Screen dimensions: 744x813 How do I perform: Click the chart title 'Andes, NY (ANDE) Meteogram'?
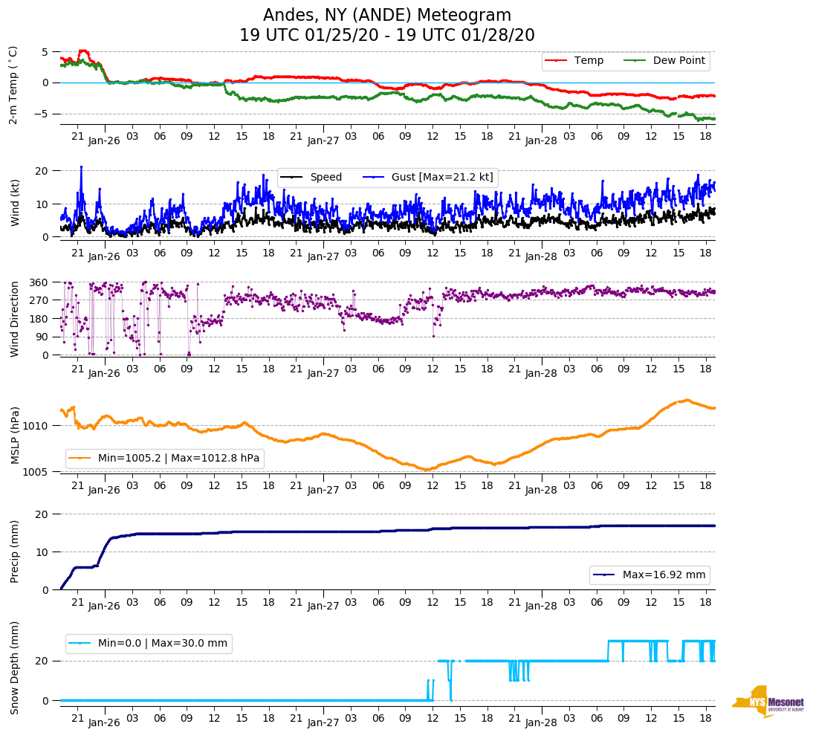pos(387,16)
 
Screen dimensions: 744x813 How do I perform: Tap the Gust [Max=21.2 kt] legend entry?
pos(443,177)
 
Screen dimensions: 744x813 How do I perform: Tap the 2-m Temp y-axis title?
pos(13,85)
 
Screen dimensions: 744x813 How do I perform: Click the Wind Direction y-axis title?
pos(14,319)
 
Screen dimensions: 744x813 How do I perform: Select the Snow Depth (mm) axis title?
pos(14,668)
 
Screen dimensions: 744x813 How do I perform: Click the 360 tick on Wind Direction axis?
pos(39,282)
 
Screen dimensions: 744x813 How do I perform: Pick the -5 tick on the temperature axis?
pos(43,114)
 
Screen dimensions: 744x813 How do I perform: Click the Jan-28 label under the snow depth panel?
pos(541,722)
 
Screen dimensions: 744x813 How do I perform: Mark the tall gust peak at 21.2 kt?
pos(81,167)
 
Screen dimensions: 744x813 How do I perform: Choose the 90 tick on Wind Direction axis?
pos(42,337)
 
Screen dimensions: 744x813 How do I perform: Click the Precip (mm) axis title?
pos(14,551)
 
